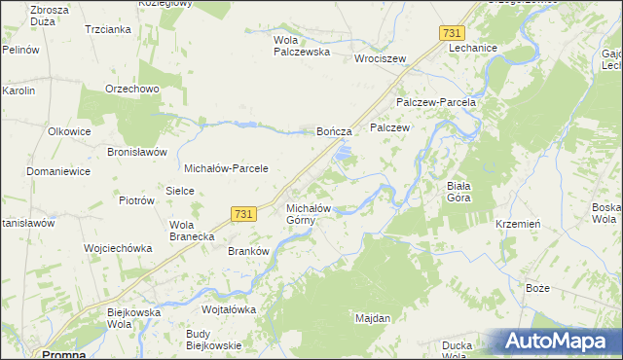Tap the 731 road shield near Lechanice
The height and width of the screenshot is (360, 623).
(x=451, y=33)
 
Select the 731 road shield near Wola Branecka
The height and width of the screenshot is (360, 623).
(x=244, y=214)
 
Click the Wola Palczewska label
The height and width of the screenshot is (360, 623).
(x=301, y=46)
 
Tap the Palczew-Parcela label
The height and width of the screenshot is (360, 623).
(x=435, y=102)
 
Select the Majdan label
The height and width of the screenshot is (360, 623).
(x=373, y=318)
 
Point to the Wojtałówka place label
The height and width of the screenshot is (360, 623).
(x=228, y=309)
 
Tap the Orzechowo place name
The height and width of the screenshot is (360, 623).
(x=132, y=89)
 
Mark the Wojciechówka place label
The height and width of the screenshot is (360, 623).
(x=119, y=248)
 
